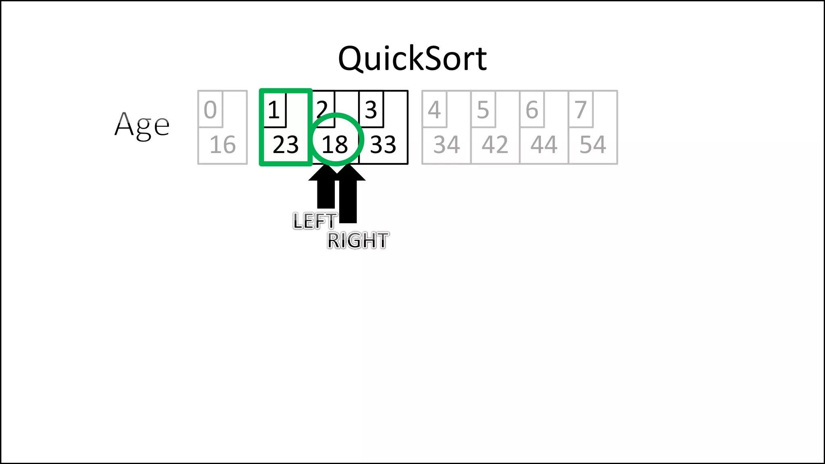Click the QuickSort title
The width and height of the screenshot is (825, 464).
pos(412,59)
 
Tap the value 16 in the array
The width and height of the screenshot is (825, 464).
pos(222,145)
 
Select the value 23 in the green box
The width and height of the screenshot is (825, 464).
pos(286,145)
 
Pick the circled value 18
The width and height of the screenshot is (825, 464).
pos(335,145)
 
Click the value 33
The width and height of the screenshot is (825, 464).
pos(383,145)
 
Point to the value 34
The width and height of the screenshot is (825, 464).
pos(446,145)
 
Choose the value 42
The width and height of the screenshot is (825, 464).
pos(495,145)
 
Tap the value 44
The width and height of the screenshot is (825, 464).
pos(544,145)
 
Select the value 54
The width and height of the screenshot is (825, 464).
pos(593,145)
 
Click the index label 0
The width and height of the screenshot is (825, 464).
pos(210,110)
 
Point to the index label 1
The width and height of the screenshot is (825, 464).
pos(274,110)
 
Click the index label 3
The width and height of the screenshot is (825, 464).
pos(371,110)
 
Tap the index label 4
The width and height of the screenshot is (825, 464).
pos(434,110)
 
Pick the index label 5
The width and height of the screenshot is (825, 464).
pos(483,110)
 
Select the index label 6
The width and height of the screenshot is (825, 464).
pos(532,110)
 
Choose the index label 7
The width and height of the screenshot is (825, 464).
pos(580,110)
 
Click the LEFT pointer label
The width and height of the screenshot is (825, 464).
pos(315,221)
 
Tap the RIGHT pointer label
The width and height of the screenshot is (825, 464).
pos(358,240)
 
